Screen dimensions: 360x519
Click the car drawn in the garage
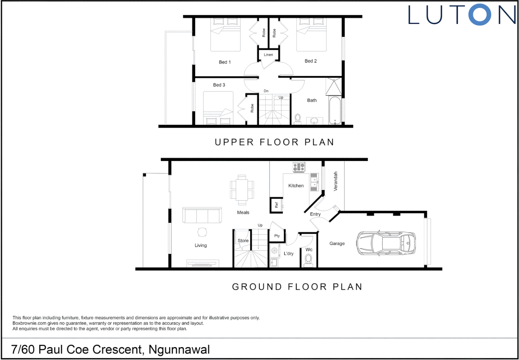click(x=386, y=243)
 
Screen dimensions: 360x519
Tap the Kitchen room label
click(x=296, y=186)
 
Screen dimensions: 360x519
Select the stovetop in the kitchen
click(x=299, y=167)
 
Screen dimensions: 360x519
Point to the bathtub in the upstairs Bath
click(x=335, y=110)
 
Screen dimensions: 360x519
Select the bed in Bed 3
click(x=218, y=109)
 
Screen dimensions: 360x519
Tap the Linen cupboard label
click(x=268, y=55)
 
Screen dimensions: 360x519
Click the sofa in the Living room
click(x=202, y=215)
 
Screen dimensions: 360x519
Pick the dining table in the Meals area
click(x=242, y=190)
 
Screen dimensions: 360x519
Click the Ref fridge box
click(x=276, y=205)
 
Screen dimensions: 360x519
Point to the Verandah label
click(x=335, y=181)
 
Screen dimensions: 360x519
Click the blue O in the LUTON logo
click(x=479, y=15)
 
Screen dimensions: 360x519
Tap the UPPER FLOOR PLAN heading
click(x=274, y=142)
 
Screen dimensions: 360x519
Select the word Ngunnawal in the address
click(x=179, y=349)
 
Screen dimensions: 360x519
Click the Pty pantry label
click(x=277, y=236)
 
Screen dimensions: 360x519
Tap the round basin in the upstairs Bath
click(x=314, y=120)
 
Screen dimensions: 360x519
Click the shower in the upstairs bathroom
click(x=333, y=87)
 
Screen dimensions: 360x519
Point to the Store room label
click(x=243, y=240)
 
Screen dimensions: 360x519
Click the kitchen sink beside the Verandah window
click(x=314, y=182)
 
